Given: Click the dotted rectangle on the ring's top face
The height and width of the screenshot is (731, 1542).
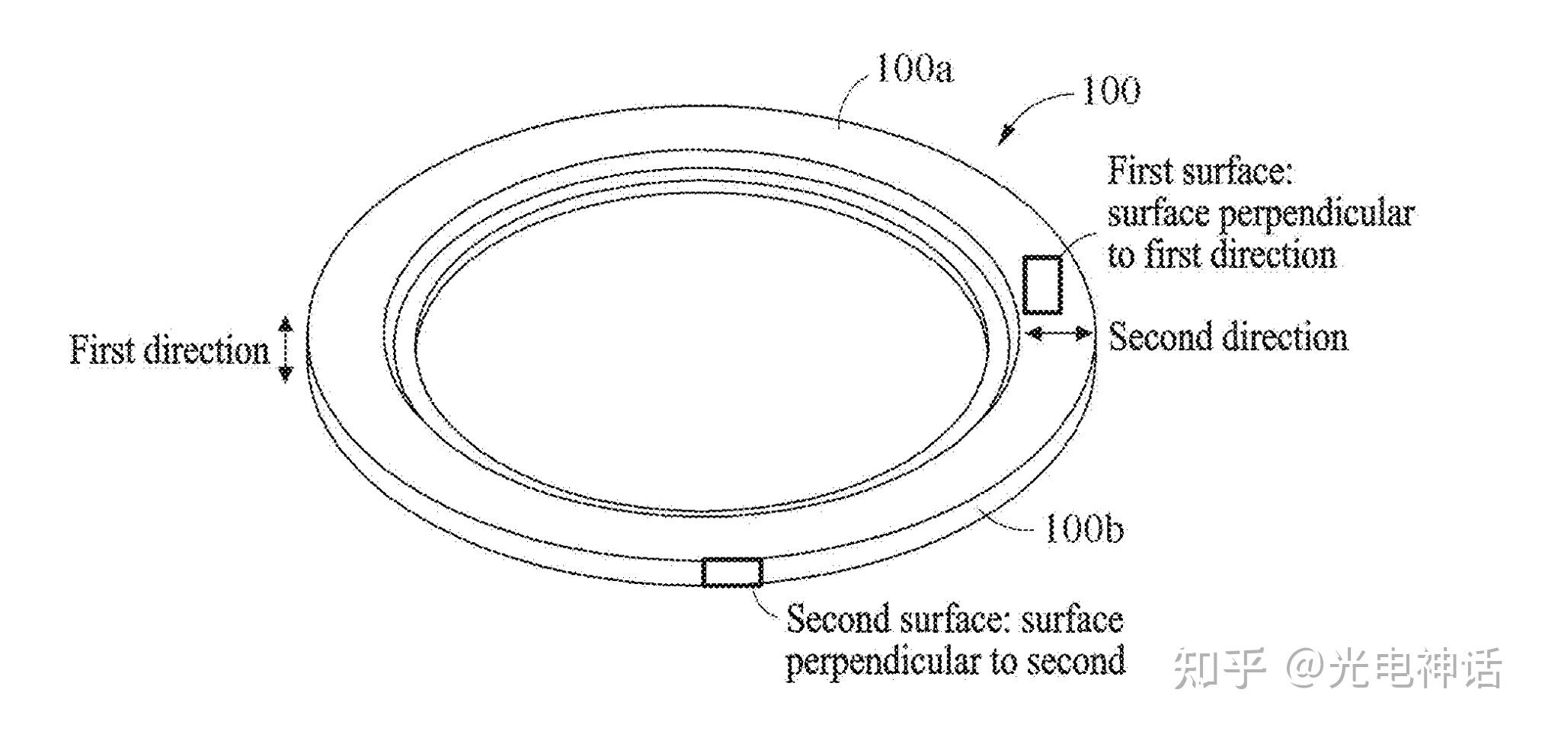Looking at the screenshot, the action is (1041, 285).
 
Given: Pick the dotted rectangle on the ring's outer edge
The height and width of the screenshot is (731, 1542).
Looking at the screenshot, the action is (731, 572).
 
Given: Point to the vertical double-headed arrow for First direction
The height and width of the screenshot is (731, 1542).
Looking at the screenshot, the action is (285, 349).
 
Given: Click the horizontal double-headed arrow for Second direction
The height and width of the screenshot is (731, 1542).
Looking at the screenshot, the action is (1058, 333).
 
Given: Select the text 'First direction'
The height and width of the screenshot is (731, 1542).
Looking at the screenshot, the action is (170, 351).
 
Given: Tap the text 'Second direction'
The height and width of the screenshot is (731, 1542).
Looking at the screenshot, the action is (1227, 337).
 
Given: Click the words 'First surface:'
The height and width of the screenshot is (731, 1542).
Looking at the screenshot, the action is (1200, 171).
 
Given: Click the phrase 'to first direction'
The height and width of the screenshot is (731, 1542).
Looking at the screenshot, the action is (1221, 254).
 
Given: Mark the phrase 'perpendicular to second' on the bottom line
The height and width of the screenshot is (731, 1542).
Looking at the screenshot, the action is (955, 660).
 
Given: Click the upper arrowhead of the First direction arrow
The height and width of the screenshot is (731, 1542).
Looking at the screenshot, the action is (285, 324).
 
